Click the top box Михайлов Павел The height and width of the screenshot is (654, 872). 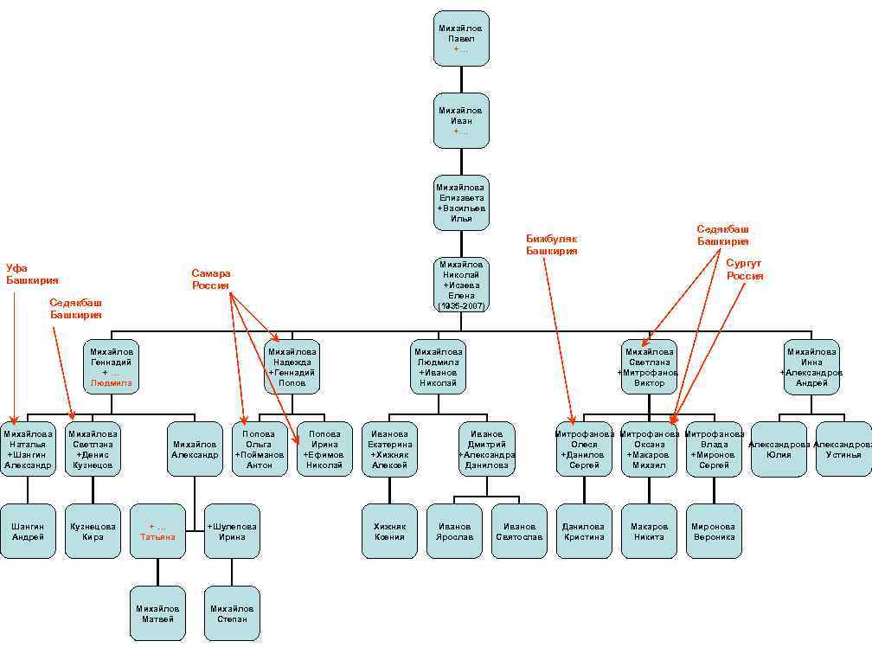[x=461, y=38]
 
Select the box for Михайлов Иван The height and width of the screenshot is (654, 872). [x=461, y=120]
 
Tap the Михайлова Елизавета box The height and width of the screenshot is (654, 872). [x=461, y=202]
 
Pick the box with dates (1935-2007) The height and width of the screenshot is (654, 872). [x=461, y=285]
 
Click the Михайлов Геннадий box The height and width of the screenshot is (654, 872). [x=112, y=367]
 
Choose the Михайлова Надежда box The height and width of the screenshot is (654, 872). [x=292, y=367]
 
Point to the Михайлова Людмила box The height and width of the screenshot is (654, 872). [x=439, y=367]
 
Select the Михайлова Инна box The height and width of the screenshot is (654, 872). [x=811, y=367]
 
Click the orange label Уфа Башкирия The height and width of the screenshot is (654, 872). [x=32, y=274]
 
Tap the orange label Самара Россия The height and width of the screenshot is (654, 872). [x=211, y=279]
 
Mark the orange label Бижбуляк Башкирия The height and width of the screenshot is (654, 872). [x=551, y=245]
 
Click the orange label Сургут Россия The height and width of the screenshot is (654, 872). [x=745, y=269]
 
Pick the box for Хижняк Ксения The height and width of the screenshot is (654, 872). [x=389, y=531]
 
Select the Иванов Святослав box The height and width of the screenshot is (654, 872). [x=519, y=531]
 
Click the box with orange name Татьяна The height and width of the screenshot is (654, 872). [x=157, y=531]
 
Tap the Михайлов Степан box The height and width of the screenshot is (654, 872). [x=232, y=613]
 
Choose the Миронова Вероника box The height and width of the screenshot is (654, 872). [x=714, y=531]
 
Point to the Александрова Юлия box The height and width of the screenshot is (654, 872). [x=779, y=449]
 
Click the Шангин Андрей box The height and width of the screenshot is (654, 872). [x=28, y=531]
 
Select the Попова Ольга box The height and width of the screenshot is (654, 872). [x=260, y=449]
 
